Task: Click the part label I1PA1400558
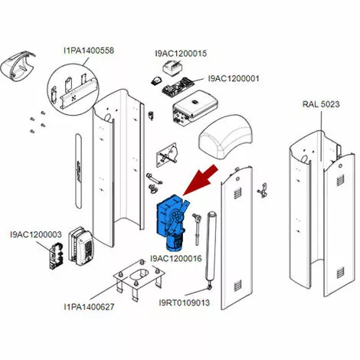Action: [89, 51]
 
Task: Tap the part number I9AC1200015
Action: [181, 54]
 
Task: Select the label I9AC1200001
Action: [234, 78]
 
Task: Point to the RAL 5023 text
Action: [321, 104]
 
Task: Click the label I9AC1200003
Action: [36, 234]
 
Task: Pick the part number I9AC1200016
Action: [176, 258]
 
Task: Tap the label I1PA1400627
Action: [89, 306]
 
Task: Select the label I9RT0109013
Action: [185, 303]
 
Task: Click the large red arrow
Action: [201, 181]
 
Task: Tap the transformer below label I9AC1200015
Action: [172, 67]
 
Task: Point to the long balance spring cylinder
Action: [211, 249]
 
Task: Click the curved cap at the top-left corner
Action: [18, 66]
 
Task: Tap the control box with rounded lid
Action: [195, 106]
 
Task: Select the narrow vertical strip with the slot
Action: [78, 171]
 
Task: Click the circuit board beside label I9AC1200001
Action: [178, 87]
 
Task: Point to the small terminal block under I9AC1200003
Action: [56, 255]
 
